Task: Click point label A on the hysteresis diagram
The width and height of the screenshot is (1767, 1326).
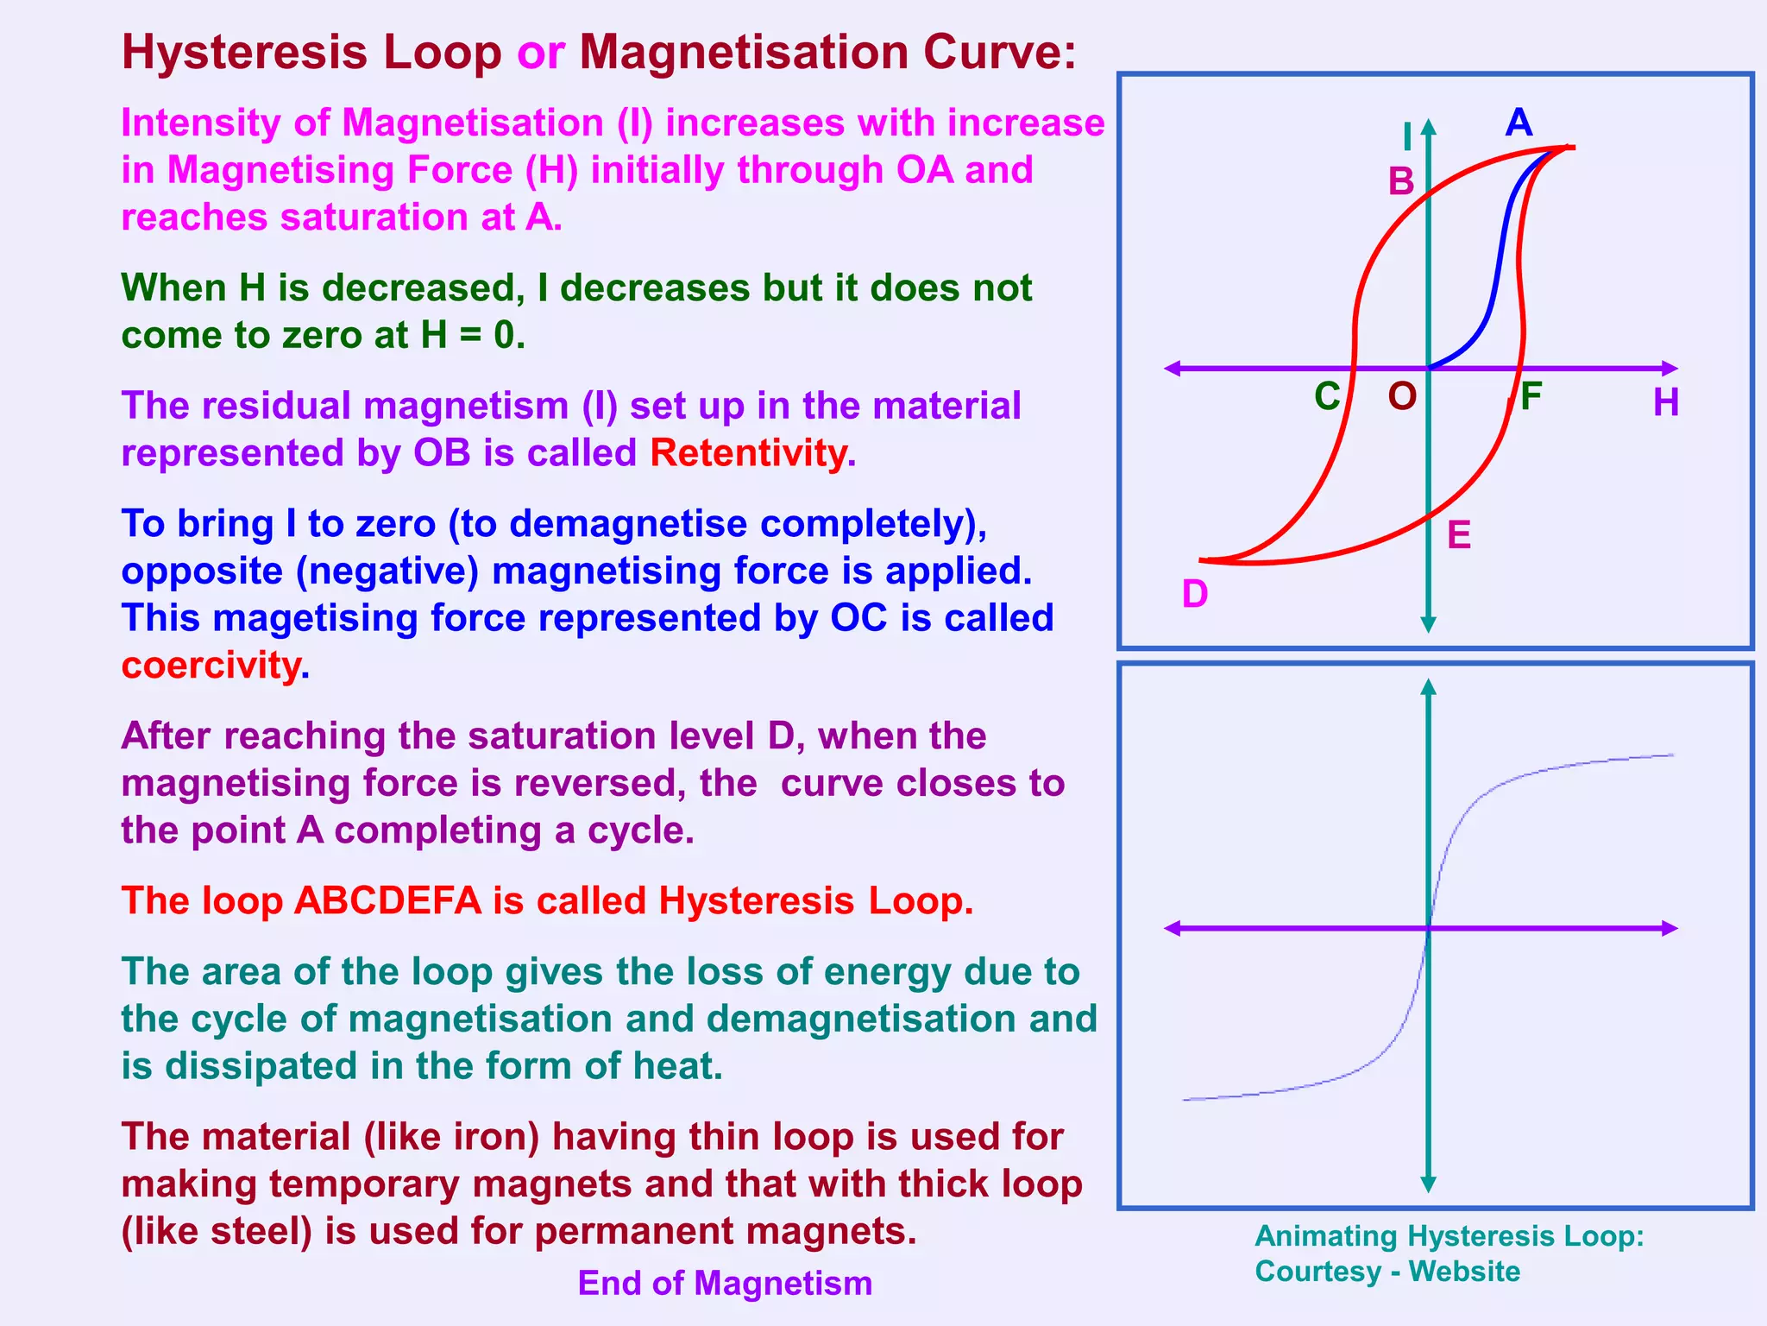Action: click(x=1519, y=123)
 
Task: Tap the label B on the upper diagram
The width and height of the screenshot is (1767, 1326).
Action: click(x=1401, y=181)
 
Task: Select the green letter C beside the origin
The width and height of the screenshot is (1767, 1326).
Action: click(x=1327, y=396)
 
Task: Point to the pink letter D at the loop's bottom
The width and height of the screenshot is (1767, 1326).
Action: click(x=1195, y=594)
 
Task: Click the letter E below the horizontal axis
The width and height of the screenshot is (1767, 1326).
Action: click(x=1459, y=535)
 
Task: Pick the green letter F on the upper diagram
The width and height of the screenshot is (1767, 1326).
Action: click(x=1531, y=396)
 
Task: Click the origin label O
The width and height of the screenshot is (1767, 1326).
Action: click(x=1402, y=396)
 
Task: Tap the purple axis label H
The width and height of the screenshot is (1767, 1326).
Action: click(x=1666, y=402)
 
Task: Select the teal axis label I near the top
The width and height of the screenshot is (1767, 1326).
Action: click(x=1407, y=136)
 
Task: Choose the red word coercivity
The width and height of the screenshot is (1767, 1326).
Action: click(x=211, y=666)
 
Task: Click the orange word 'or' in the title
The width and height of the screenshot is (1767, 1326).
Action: click(x=541, y=53)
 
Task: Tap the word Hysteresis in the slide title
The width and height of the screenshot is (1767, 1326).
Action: click(x=244, y=53)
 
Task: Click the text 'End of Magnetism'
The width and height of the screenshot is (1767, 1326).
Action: click(x=725, y=1283)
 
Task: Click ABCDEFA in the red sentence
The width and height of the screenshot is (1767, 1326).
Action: click(x=387, y=901)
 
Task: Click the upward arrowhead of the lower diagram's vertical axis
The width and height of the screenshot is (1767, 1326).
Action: click(x=1428, y=687)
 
